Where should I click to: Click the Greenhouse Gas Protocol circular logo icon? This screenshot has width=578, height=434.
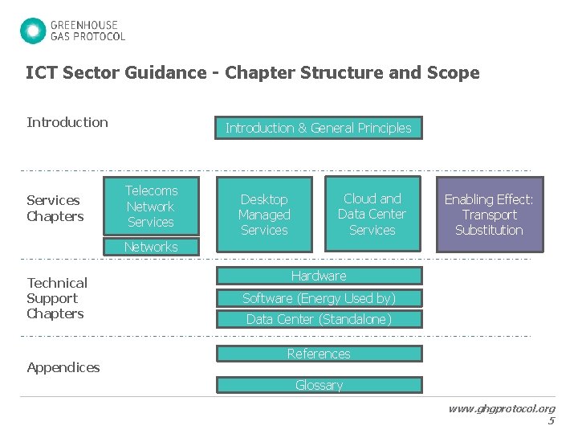33,31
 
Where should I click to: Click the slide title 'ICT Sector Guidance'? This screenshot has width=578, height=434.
252,72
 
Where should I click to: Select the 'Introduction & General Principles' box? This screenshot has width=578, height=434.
318,128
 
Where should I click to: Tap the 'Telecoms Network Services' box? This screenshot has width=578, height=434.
151,206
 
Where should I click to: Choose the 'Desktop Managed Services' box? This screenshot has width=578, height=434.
264,215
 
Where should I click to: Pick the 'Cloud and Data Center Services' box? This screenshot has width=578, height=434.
372,214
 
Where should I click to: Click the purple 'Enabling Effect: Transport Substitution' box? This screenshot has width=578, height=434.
489,215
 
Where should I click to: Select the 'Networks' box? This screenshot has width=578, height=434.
151,247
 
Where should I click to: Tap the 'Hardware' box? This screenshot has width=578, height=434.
318,276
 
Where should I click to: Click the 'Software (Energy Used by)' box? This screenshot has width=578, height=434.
318,298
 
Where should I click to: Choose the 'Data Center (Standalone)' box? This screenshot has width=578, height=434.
318,319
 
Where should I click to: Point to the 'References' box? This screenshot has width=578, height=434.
318,354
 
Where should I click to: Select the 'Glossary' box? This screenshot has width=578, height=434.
318,385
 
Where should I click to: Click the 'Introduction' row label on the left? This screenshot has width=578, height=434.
67,122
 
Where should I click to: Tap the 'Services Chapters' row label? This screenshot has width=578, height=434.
55,208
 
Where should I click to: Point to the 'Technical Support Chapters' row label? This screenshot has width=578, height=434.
57,298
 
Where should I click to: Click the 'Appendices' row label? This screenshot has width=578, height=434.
63,367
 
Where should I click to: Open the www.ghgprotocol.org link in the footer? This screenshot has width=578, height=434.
501,408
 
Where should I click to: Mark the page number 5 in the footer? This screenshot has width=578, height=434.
551,420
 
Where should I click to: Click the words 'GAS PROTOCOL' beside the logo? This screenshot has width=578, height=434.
88,36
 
